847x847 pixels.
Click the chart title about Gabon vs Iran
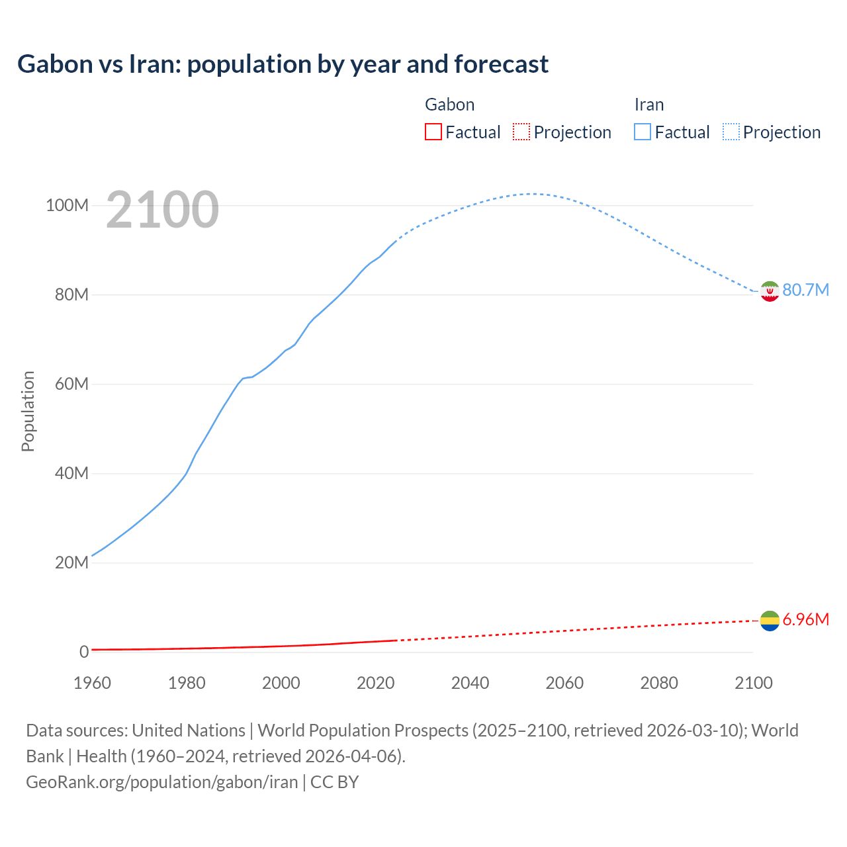283,64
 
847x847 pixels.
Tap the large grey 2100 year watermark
162,209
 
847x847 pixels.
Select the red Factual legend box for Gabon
433,132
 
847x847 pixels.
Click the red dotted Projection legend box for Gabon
521,132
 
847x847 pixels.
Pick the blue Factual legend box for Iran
643,132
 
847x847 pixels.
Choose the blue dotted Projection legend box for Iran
731,132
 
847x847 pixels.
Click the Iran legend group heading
648,105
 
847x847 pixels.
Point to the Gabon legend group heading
449,105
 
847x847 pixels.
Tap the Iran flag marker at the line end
770,290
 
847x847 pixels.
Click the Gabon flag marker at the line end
770,621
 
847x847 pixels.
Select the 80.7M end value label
805,290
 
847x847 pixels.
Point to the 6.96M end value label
805,620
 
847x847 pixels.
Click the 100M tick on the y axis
67,206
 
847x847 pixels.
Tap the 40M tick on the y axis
71,474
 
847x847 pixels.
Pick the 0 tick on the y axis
84,652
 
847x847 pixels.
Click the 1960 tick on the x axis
92,683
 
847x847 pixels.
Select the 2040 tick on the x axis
470,683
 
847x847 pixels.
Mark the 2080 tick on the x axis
659,683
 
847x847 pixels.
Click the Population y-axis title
28,411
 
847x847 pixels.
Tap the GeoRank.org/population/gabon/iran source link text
162,782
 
